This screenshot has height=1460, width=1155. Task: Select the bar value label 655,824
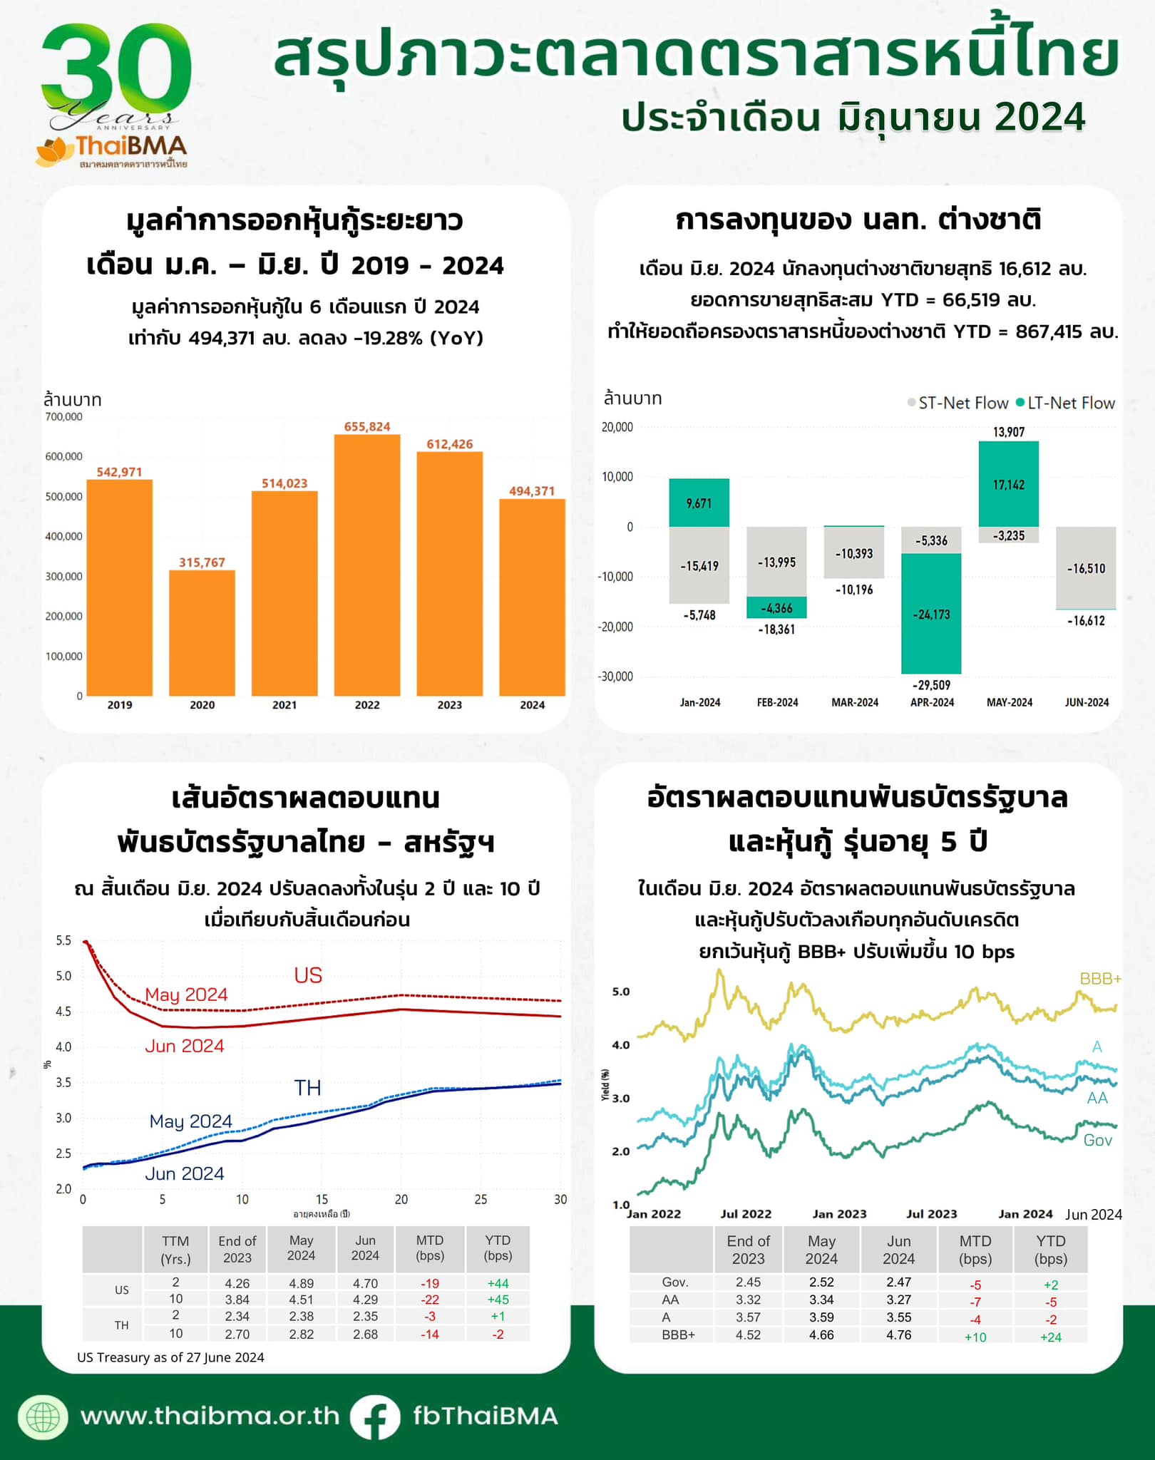tap(367, 427)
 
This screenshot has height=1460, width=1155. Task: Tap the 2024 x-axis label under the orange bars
tap(532, 705)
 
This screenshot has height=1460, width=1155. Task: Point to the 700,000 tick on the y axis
tap(64, 416)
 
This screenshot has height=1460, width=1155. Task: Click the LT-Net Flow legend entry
tap(1065, 403)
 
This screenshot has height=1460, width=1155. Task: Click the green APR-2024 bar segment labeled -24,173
tap(931, 614)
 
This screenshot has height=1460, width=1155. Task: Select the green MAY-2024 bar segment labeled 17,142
tap(1008, 485)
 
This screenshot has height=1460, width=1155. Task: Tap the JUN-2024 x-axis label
tap(1087, 702)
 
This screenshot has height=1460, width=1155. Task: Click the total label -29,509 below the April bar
tap(931, 685)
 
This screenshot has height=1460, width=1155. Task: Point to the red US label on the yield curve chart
tap(308, 975)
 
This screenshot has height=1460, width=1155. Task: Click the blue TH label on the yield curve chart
tap(308, 1088)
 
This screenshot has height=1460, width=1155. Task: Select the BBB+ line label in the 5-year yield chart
tap(1100, 979)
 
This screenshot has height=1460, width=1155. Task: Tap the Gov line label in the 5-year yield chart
tap(1097, 1141)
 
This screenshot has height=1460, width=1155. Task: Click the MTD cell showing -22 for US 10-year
tap(429, 1300)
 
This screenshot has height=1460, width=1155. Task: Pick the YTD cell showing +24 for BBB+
tap(1050, 1337)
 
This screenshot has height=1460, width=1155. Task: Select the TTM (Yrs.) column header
tap(175, 1250)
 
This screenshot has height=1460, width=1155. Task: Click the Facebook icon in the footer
tap(375, 1417)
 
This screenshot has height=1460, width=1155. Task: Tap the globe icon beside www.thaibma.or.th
tap(43, 1417)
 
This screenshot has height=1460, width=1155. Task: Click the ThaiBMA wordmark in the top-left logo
tap(131, 146)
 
